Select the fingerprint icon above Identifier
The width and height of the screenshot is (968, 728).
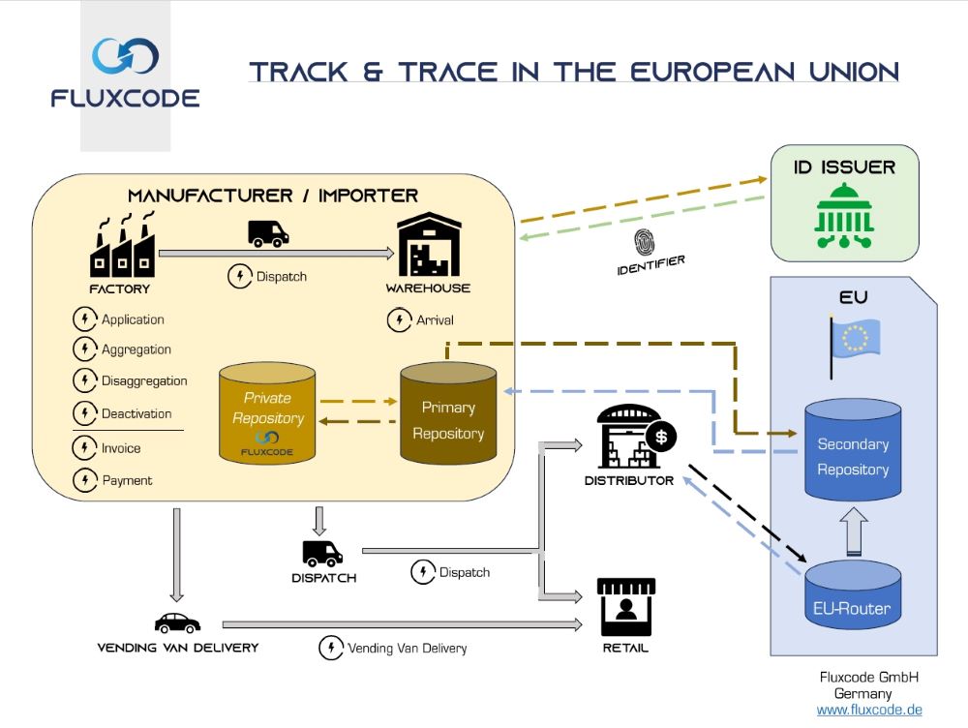tap(646, 241)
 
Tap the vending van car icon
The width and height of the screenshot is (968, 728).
tap(177, 622)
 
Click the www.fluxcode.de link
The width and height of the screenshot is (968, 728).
tap(869, 710)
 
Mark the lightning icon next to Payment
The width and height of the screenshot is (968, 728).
tap(84, 479)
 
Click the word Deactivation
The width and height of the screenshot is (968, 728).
tap(136, 413)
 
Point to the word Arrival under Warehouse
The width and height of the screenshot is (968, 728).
tap(435, 319)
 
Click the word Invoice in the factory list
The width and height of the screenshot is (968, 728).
tap(121, 448)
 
